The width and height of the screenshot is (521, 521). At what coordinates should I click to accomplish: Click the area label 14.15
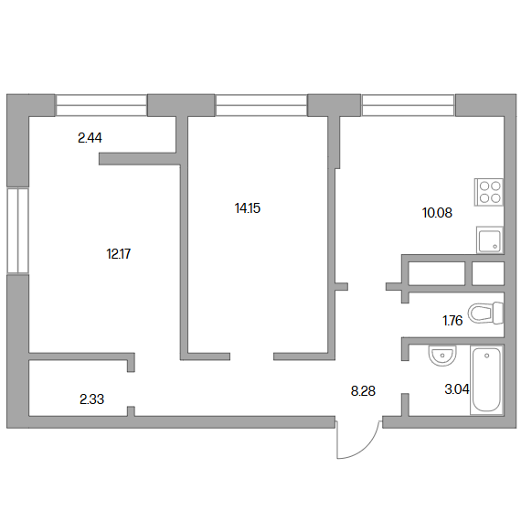coord(248,208)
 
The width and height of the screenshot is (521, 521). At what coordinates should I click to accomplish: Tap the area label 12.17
coord(119,254)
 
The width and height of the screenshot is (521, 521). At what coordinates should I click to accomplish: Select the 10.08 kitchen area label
coord(437,213)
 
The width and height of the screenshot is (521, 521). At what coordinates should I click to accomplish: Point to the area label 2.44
coord(90,137)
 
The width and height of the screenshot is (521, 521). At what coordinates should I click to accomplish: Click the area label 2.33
coord(91,399)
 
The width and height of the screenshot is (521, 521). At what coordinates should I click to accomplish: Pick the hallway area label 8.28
coord(363,391)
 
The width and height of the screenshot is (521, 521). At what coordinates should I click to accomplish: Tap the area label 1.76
coord(452,321)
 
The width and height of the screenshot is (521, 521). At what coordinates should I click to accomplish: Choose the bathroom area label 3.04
coord(457,389)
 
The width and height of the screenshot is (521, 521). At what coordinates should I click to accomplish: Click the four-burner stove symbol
coord(489,192)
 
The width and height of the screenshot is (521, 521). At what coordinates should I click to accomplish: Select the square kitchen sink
coord(490,239)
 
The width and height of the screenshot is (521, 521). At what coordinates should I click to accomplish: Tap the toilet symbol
coord(486,313)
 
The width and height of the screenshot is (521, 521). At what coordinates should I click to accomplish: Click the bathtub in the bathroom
coord(487,380)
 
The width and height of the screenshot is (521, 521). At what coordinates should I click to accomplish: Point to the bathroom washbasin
coord(442,356)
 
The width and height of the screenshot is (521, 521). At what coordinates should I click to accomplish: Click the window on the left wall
coord(18,230)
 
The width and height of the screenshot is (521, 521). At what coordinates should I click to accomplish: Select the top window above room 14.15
coord(261,105)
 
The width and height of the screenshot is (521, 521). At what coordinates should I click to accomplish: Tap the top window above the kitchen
coord(408,105)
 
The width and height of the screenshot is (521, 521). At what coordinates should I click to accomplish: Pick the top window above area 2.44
coord(101,105)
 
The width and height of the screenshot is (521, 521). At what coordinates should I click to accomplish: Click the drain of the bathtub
coord(487,356)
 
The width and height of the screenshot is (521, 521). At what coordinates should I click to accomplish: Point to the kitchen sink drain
coord(495,247)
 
